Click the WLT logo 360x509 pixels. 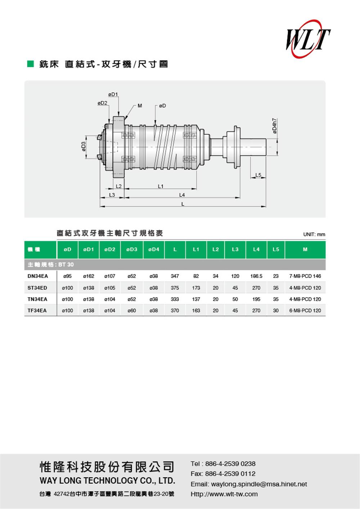pos(308,39)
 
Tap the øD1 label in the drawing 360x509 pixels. pos(113,94)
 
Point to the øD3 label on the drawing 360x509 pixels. pos(84,147)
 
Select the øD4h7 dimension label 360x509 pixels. pos(275,126)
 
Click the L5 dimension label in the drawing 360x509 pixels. pos(258,175)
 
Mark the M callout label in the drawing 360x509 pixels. pos(140,106)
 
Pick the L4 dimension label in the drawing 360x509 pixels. pos(182,195)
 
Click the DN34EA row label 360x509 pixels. pos(38,276)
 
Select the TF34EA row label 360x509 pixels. pos(37,310)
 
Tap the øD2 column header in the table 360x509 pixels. pos(110,249)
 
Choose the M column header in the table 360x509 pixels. pos(305,249)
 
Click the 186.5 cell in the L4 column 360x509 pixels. pos(256,276)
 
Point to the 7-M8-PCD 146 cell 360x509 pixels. pos(305,276)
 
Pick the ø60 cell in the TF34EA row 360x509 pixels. pos(132,310)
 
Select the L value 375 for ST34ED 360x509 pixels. pos(175,288)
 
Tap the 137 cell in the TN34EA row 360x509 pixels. pos(196,299)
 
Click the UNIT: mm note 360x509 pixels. pos(314,234)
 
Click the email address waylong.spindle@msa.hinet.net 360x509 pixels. pos(259,484)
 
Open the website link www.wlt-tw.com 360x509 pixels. pos(234,494)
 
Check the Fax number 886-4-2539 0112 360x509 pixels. pos(230,474)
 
